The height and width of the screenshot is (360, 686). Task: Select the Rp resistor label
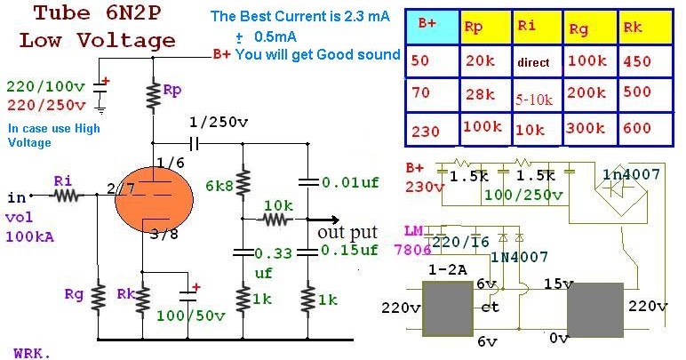point(175,90)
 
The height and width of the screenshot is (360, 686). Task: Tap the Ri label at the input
point(62,180)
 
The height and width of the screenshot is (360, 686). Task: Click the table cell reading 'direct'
point(535,63)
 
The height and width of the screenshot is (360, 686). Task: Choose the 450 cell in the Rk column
point(639,61)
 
